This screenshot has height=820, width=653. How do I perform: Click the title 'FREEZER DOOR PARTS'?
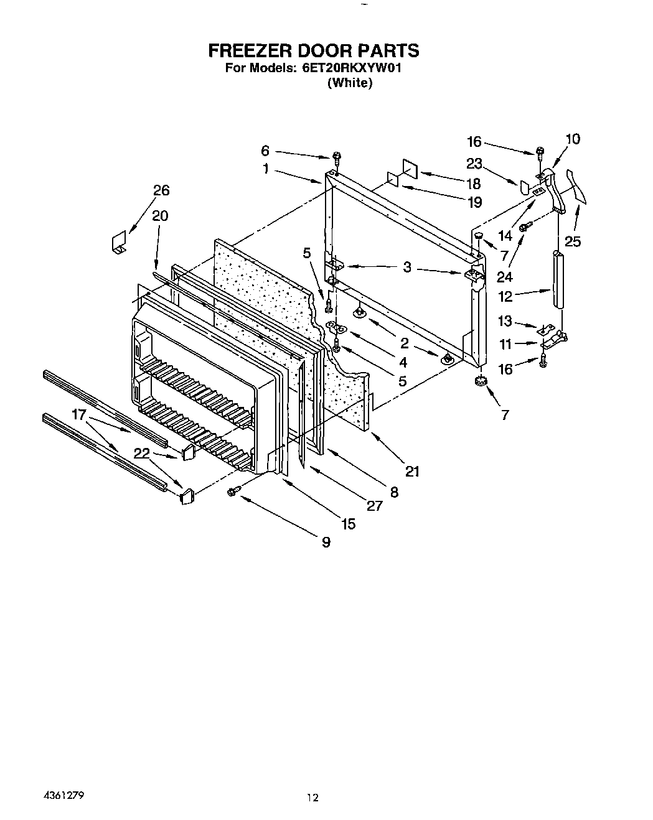(x=313, y=50)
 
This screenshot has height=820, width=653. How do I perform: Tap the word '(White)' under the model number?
(x=349, y=83)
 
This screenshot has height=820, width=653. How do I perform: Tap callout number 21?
(x=411, y=471)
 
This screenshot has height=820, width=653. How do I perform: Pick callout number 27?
(x=374, y=505)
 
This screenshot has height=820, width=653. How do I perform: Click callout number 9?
(x=326, y=542)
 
